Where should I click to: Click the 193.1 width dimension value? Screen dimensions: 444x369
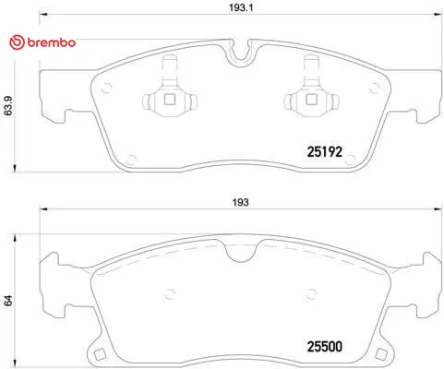pyautogui.click(x=241, y=7)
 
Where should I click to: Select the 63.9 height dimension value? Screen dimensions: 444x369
pyautogui.click(x=8, y=106)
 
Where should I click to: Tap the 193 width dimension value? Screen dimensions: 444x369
pyautogui.click(x=240, y=202)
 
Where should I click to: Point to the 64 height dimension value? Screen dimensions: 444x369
pyautogui.click(x=8, y=301)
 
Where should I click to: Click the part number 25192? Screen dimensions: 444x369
pyautogui.click(x=325, y=151)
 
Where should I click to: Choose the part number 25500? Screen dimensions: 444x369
pyautogui.click(x=325, y=347)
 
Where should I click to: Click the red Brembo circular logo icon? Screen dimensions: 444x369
pyautogui.click(x=17, y=42)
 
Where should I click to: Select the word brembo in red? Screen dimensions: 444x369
pyautogui.click(x=52, y=42)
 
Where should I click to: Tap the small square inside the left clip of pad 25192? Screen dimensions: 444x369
pyautogui.click(x=170, y=99)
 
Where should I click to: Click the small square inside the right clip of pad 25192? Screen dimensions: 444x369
pyautogui.click(x=311, y=99)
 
